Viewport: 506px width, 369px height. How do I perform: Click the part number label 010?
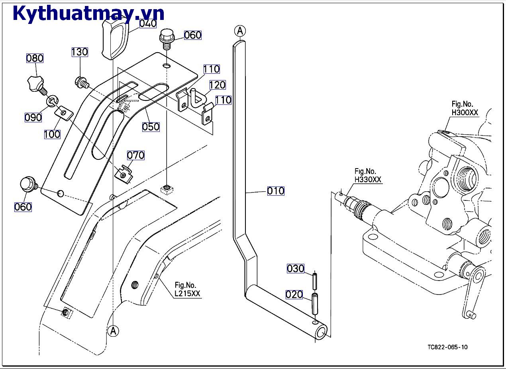[x=276, y=191]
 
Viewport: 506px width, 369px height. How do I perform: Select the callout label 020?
[x=294, y=294]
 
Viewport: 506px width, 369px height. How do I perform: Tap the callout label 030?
[x=295, y=269]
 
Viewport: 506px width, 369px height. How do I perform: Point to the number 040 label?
[x=148, y=24]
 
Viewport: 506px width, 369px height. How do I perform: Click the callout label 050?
[x=151, y=127]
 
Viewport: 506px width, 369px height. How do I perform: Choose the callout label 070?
[x=135, y=155]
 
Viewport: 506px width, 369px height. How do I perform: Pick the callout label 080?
[x=35, y=58]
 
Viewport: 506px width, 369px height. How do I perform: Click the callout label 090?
[x=33, y=118]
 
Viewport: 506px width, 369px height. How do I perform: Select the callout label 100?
[x=52, y=134]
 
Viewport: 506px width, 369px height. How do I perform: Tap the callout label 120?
[x=217, y=84]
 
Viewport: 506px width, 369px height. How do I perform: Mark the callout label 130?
[x=80, y=52]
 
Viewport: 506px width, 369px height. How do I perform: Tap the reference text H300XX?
[x=465, y=112]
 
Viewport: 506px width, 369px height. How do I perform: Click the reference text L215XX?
[x=187, y=294]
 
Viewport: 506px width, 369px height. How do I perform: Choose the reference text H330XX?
[x=368, y=180]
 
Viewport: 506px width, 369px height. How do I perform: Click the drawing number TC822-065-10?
[x=447, y=347]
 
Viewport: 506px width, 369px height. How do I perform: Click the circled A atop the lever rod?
[x=240, y=31]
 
